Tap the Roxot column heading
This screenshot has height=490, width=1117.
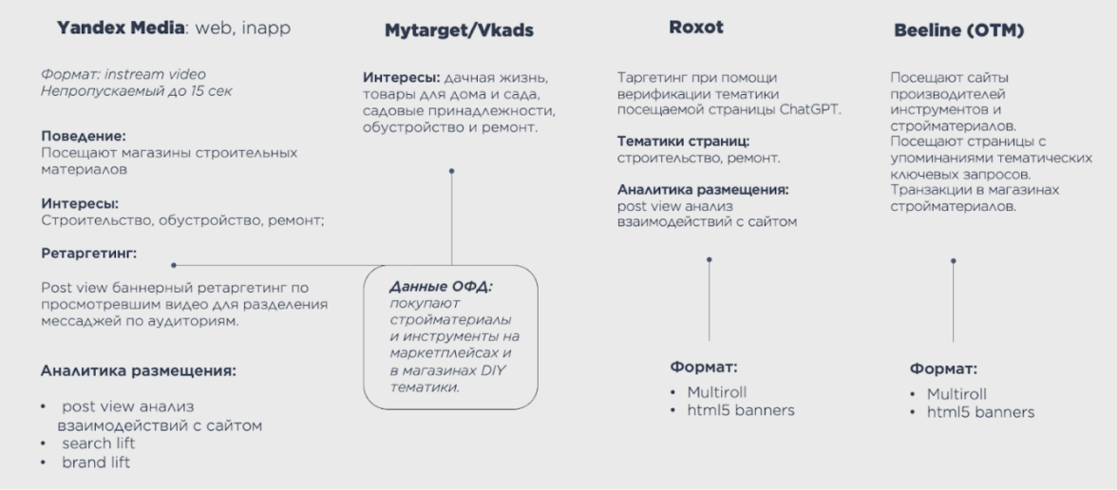[696, 28]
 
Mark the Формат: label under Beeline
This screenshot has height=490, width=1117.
[943, 368]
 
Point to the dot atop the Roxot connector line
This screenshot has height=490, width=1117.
[710, 258]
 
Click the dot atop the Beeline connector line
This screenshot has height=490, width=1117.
[953, 258]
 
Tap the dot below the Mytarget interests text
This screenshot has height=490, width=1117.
[451, 172]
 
